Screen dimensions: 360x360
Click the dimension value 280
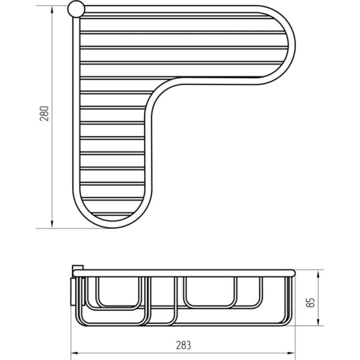[x=44, y=114]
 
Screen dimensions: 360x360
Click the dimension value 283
[x=184, y=345]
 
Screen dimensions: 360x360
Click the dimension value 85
[x=310, y=302]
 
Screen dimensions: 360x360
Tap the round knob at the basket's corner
[x=76, y=9]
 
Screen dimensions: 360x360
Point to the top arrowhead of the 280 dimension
[x=52, y=10]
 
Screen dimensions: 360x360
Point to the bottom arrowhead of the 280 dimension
[x=52, y=225]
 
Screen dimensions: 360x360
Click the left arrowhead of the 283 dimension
[x=74, y=353]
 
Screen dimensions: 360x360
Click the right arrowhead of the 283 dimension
[x=291, y=353]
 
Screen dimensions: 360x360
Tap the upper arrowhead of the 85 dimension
[x=318, y=274]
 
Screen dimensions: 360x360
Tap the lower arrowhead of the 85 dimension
[x=318, y=322]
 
